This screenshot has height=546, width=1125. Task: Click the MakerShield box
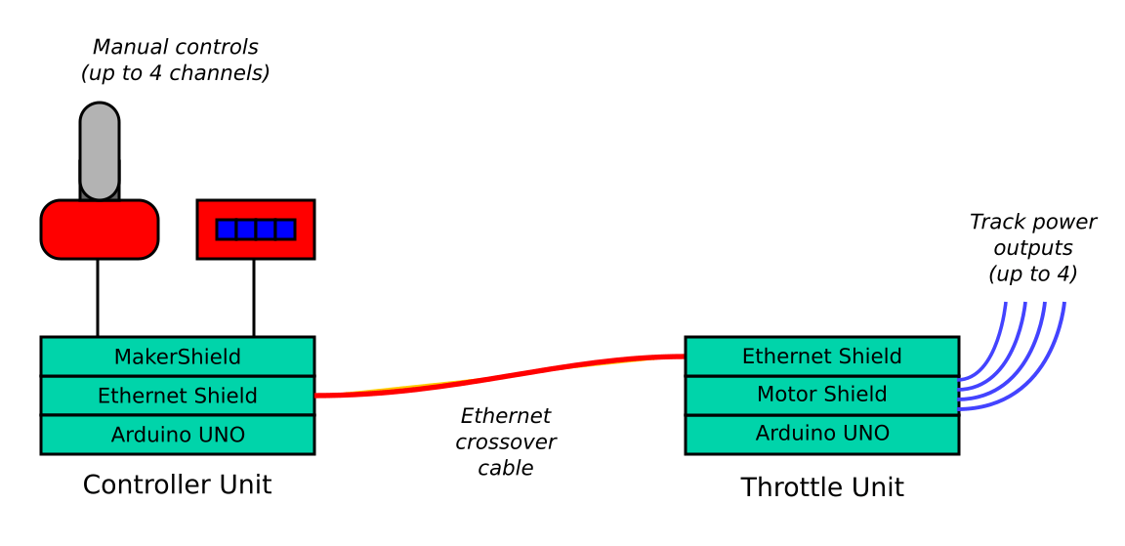pos(177,357)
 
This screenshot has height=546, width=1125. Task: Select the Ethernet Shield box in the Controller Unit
pos(177,396)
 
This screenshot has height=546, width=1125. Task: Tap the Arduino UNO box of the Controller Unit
pos(177,435)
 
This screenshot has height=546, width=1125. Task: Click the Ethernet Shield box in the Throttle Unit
pos(821,357)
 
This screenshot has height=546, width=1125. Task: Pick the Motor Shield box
pos(821,395)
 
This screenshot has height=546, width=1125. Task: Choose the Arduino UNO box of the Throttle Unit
pos(821,434)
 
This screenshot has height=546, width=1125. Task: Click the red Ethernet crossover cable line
pos(498,377)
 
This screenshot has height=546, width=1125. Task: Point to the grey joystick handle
pos(100,147)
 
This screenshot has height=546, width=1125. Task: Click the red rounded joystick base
pos(100,230)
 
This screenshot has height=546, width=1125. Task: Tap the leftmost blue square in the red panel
pos(227,230)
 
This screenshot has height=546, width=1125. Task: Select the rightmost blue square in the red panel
pos(285,230)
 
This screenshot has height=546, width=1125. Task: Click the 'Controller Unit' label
pos(177,484)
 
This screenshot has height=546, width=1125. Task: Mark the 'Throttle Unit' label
pos(822,486)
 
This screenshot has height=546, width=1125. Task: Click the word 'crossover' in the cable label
pos(506,442)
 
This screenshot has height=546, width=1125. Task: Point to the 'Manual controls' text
pos(176,47)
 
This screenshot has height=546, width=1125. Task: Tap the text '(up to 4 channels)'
pos(176,73)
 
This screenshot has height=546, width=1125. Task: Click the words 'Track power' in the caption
pos(1032,223)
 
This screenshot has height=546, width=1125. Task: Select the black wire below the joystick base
pos(98,298)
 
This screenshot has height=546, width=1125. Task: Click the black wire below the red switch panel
pos(254,298)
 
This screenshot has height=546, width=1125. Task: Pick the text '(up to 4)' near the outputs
pos(1032,274)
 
